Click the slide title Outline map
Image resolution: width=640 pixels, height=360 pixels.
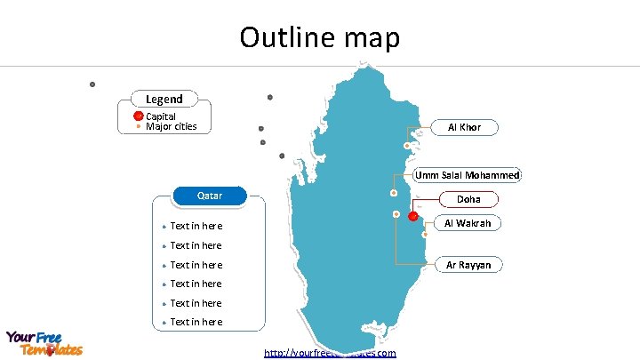(320, 37)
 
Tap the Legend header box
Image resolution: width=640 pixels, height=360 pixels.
(164, 99)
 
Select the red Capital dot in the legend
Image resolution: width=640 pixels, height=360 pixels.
(139, 116)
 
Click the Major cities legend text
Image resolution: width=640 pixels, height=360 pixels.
(171, 127)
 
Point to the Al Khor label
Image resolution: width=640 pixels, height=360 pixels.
(464, 127)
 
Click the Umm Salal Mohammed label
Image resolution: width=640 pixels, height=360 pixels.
(468, 175)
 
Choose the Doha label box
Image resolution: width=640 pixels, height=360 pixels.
(468, 200)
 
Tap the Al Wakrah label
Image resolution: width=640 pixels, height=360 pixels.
(468, 222)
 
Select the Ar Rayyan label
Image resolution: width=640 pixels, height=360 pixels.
(468, 264)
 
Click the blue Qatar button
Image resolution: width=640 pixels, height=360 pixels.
(210, 195)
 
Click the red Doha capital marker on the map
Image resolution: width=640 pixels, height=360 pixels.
(413, 216)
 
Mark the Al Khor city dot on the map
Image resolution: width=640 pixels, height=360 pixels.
(406, 145)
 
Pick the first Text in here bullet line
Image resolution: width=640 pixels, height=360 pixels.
(196, 227)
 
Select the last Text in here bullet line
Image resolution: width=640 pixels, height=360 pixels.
(196, 322)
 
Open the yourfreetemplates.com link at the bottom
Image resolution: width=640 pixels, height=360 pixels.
(330, 353)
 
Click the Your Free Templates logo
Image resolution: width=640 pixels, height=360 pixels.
(44, 343)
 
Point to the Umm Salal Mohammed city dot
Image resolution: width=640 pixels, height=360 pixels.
(394, 193)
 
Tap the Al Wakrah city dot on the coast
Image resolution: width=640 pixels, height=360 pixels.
(425, 234)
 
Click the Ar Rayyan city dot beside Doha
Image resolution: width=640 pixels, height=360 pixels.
(396, 214)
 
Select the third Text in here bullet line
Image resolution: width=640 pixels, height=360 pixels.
(196, 265)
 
